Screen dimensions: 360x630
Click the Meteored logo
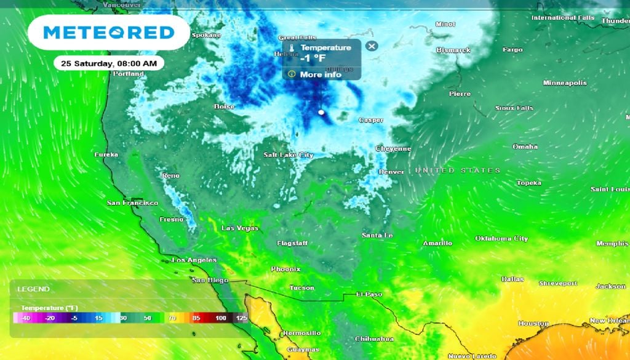(109, 33)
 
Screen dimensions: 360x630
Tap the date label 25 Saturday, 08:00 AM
(109, 63)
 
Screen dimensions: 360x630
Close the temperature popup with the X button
(371, 46)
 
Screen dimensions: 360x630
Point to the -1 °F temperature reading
(313, 58)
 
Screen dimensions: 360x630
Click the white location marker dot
(321, 113)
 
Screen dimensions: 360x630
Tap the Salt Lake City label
(288, 155)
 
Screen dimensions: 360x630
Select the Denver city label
(391, 172)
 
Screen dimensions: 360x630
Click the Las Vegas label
(239, 228)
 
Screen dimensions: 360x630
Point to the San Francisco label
(132, 202)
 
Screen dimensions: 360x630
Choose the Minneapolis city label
(564, 83)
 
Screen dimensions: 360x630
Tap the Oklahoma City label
(501, 238)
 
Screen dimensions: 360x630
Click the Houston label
(533, 323)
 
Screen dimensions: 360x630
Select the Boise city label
(224, 106)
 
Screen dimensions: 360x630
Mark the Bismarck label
(453, 50)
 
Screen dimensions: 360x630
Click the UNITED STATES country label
(457, 170)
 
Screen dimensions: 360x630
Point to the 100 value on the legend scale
(220, 318)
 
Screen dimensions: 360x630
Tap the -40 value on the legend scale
(25, 318)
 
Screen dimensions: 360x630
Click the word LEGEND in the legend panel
(33, 289)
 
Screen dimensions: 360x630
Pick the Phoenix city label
(285, 269)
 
